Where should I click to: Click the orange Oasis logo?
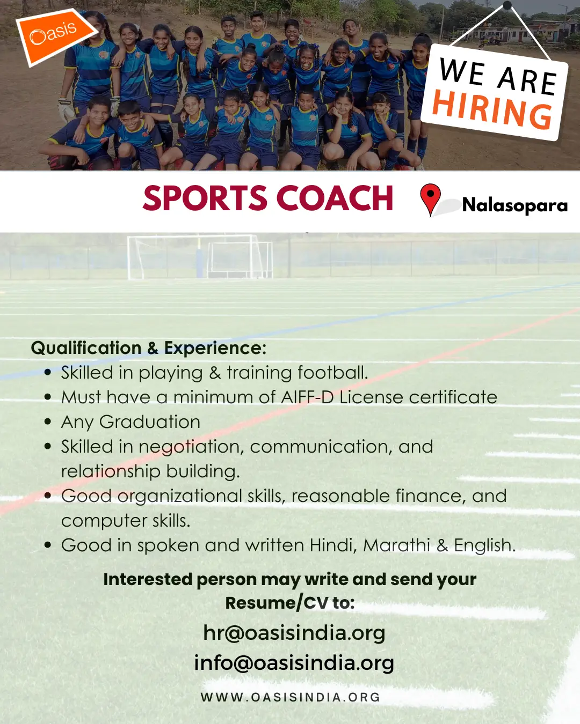[x=54, y=35]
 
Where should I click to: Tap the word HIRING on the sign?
[x=492, y=109]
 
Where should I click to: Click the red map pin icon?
[x=430, y=198]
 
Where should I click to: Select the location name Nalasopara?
[x=514, y=205]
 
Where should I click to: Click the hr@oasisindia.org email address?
[x=294, y=633]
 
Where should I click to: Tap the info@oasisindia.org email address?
[x=294, y=663]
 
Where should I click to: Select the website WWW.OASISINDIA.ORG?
[x=291, y=697]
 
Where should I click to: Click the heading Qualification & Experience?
[x=149, y=348]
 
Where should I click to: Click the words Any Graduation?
[x=130, y=422]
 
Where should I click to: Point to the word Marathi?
[x=396, y=545]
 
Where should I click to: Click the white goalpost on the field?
[x=199, y=257]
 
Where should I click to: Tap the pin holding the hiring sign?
[x=507, y=6]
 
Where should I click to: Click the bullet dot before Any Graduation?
[x=48, y=422]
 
